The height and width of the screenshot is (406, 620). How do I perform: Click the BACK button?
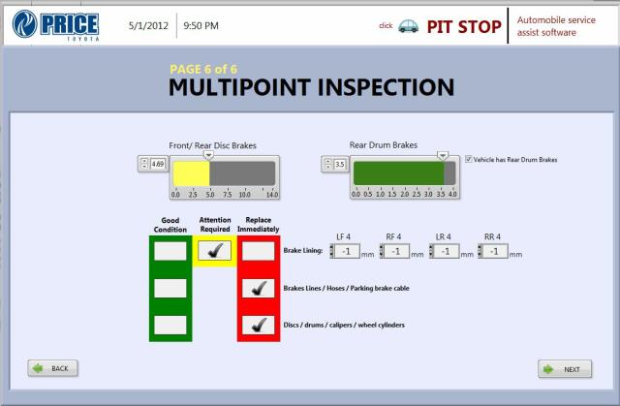click(x=52, y=368)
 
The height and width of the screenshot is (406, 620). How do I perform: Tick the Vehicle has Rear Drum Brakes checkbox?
click(x=469, y=159)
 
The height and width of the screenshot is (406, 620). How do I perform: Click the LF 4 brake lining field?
click(x=347, y=251)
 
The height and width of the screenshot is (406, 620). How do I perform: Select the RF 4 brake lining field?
click(x=396, y=251)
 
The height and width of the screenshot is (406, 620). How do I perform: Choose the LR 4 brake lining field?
click(x=446, y=251)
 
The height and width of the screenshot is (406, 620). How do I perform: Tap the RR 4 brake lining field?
click(x=494, y=251)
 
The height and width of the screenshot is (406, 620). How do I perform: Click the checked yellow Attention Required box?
click(x=214, y=251)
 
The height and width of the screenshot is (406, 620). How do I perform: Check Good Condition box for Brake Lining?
click(x=170, y=251)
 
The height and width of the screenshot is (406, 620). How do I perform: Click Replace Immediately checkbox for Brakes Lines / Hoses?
click(x=259, y=288)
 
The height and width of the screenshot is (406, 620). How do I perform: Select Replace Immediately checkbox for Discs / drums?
click(x=259, y=325)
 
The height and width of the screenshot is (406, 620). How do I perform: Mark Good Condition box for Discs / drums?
click(x=170, y=325)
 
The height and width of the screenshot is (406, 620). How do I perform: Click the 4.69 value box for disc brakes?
click(x=158, y=164)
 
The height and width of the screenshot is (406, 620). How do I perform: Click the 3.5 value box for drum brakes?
click(x=340, y=164)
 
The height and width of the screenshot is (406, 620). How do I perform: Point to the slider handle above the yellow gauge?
click(x=208, y=155)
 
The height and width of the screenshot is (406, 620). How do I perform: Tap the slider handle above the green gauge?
click(x=443, y=156)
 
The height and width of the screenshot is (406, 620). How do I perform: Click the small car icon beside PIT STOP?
click(x=408, y=26)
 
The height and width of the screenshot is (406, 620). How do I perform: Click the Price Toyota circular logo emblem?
click(x=24, y=24)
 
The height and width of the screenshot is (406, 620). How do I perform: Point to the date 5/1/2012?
click(x=148, y=26)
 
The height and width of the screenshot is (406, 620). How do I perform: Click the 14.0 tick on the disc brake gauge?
click(x=272, y=194)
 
